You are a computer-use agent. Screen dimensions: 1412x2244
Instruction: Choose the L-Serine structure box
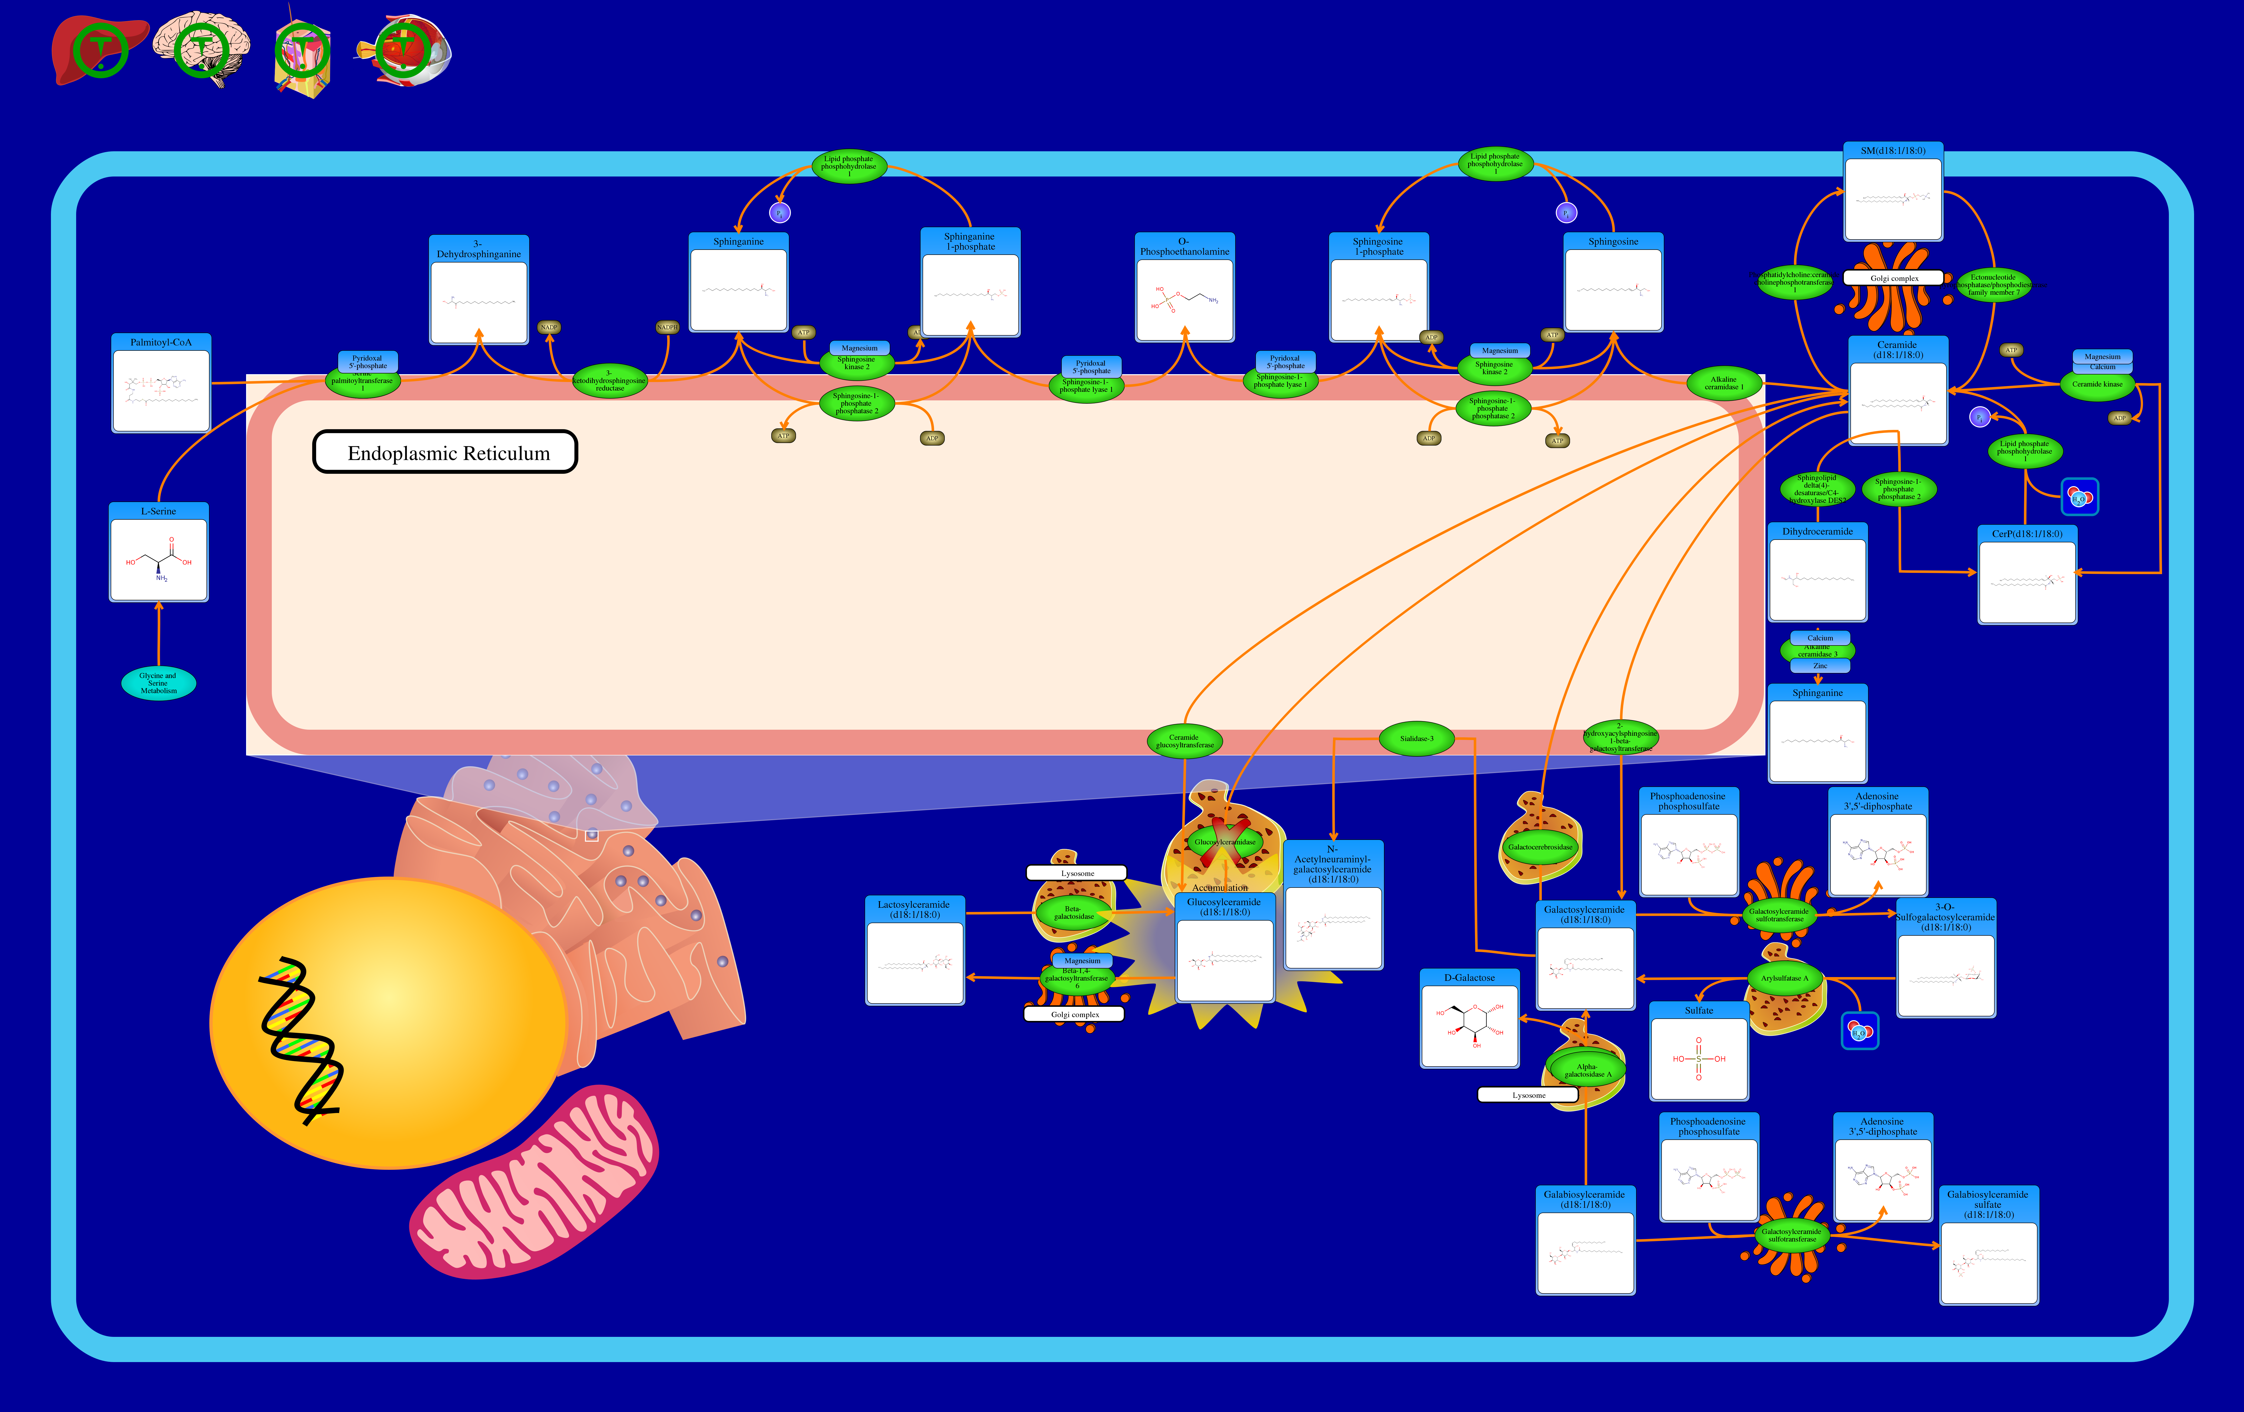(x=158, y=553)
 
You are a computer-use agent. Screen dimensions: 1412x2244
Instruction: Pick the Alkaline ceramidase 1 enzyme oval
(x=1724, y=383)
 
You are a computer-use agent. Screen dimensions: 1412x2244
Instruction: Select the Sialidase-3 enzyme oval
(x=1416, y=739)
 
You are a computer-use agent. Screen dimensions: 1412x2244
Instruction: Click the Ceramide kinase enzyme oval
(x=2097, y=384)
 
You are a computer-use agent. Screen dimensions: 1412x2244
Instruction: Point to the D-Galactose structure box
(x=1470, y=1019)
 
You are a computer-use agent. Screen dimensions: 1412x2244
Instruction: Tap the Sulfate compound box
(x=1699, y=1051)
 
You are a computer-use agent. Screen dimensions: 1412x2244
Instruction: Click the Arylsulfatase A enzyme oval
(x=1785, y=979)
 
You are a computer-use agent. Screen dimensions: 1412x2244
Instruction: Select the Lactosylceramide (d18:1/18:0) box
(x=914, y=951)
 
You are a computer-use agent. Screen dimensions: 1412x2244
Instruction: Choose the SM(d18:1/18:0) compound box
(x=1893, y=192)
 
